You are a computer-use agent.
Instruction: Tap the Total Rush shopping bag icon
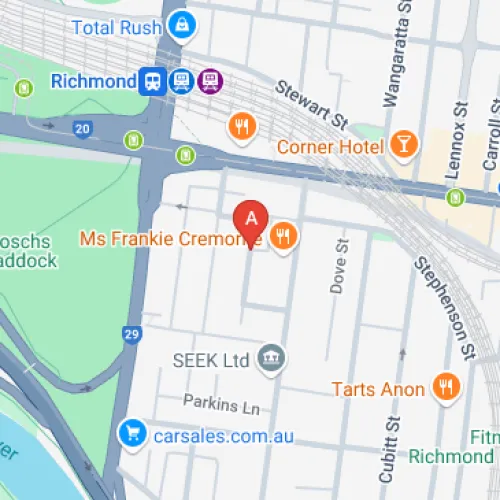point(181,24)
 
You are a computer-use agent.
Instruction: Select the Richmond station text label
point(92,80)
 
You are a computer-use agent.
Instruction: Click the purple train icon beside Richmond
point(210,79)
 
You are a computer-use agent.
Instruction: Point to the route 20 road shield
point(82,129)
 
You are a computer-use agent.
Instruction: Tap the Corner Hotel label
point(330,147)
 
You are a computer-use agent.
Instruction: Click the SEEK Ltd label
point(210,359)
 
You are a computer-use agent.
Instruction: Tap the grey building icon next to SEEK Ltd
point(271,357)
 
